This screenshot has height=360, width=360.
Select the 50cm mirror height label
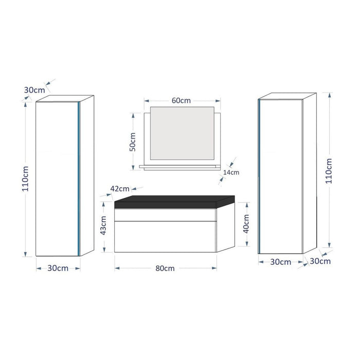[x=132, y=141]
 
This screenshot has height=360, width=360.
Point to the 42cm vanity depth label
[x=119, y=189]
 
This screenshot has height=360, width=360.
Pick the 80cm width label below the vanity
[x=165, y=268]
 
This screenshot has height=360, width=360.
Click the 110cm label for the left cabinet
[x=25, y=178]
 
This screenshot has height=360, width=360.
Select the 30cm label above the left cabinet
[x=34, y=89]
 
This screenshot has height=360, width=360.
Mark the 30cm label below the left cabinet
[x=58, y=268]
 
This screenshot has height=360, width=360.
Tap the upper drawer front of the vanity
[x=165, y=214]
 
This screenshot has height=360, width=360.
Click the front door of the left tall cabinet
[x=57, y=177]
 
